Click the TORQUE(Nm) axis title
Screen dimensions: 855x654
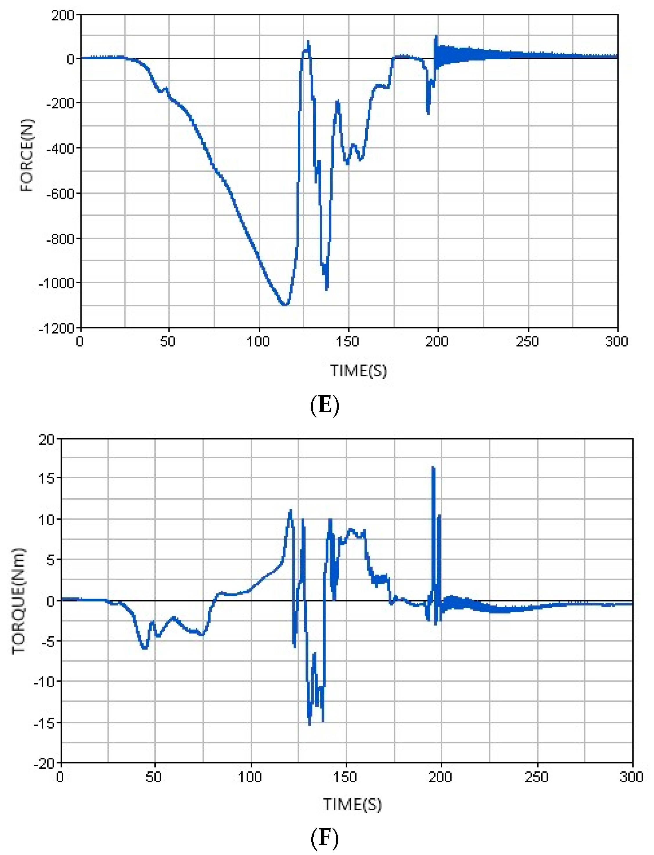click(x=18, y=601)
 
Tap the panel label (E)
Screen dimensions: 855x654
click(x=325, y=405)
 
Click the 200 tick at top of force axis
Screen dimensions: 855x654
click(x=63, y=16)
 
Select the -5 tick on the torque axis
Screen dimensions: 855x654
click(x=47, y=641)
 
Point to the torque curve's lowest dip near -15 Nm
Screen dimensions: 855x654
click(x=310, y=724)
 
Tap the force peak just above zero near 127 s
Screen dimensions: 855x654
click(x=308, y=41)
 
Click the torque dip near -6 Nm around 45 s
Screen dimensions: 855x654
click(x=144, y=648)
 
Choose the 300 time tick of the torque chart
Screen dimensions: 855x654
click(x=631, y=777)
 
